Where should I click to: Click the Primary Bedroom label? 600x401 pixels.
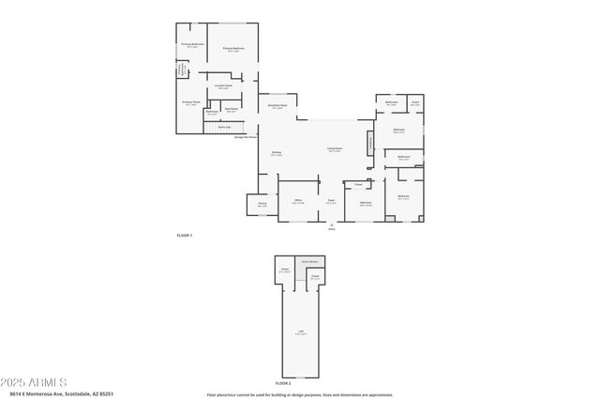tap(232, 48)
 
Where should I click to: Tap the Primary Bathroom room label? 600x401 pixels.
tap(192, 43)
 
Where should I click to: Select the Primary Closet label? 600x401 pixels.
tap(190, 102)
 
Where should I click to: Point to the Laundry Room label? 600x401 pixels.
tap(222, 86)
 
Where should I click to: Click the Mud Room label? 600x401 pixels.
tap(231, 108)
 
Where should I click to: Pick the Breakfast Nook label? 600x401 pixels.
tap(278, 106)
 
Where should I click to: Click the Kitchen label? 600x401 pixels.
tap(277, 153)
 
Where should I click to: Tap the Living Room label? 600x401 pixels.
tap(334, 148)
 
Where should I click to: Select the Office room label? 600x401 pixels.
tap(297, 201)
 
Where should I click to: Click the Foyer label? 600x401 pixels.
tap(331, 201)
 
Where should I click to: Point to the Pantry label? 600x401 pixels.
tap(262, 204)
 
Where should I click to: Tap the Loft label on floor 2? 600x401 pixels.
tap(300, 331)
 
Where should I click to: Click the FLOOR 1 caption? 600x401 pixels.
tap(184, 235)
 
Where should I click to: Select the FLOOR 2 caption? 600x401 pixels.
tap(283, 383)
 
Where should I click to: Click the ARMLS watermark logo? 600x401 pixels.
tap(35, 382)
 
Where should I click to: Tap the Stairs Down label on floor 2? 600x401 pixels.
tap(308, 261)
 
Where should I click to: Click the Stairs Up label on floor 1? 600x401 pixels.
tap(224, 127)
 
